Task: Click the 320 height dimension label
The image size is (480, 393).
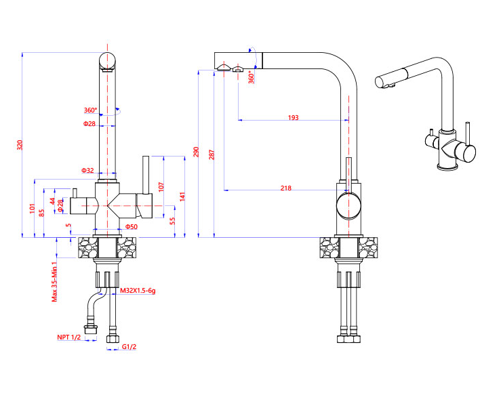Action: click(20, 144)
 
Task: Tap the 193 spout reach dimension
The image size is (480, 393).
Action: click(293, 118)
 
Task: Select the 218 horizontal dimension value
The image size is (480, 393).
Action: click(286, 188)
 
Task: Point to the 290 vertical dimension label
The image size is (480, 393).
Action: click(197, 152)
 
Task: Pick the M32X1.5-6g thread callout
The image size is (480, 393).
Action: click(138, 291)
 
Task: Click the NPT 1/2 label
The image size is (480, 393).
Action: click(68, 337)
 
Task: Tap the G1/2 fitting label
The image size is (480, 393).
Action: click(129, 347)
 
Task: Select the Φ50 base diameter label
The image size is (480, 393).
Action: click(132, 226)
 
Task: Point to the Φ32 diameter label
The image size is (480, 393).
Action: click(88, 170)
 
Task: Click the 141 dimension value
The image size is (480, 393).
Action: click(182, 196)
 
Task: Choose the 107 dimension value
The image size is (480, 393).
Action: click(161, 185)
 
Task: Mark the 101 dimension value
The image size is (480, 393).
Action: click(32, 208)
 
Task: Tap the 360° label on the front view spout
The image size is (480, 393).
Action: click(90, 110)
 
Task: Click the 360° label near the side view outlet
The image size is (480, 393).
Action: click(252, 77)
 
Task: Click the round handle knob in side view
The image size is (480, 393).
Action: click(349, 204)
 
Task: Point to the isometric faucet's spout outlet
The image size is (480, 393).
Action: click(384, 84)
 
